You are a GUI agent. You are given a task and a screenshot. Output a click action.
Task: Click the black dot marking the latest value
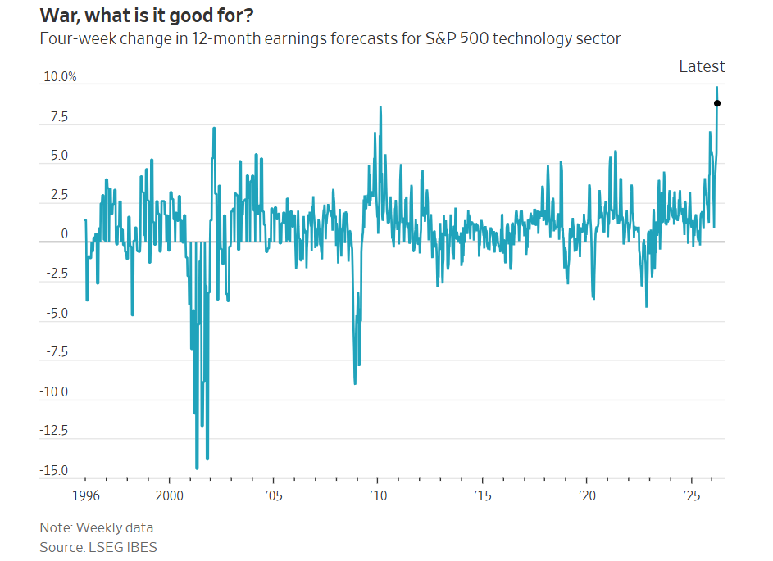717,103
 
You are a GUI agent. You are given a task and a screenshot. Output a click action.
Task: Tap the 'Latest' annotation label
702,66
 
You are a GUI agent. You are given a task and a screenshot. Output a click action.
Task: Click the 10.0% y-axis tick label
60,77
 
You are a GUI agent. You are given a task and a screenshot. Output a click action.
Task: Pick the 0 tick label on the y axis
64,235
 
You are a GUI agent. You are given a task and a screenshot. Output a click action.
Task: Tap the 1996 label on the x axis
85,495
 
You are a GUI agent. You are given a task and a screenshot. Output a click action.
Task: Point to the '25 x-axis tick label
691,495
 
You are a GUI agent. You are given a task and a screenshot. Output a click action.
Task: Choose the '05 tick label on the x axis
273,495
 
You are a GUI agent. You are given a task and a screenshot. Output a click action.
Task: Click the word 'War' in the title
61,15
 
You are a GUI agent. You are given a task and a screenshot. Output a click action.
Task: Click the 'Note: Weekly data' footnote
96,527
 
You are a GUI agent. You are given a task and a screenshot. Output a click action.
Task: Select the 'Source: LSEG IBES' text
98,546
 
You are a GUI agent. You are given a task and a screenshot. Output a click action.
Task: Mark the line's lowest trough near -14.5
197,468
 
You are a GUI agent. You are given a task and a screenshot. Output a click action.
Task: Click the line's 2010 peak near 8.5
380,106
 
